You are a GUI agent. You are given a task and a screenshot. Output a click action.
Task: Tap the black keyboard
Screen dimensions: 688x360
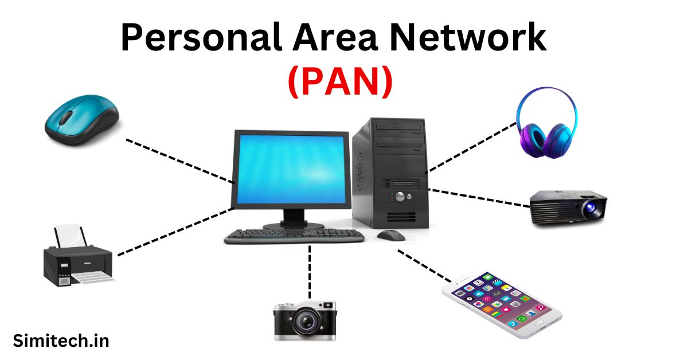(x=294, y=236)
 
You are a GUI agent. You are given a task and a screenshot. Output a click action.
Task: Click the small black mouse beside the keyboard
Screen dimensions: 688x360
(x=391, y=235)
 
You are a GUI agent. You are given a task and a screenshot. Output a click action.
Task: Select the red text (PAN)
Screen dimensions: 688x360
(x=339, y=82)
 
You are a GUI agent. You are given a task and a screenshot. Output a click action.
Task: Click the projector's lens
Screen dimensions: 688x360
(x=590, y=210)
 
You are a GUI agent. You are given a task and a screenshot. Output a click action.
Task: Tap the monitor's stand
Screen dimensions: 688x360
(x=293, y=218)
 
